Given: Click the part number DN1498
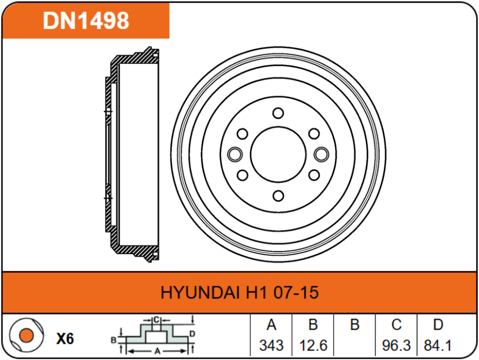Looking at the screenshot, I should point(87,21).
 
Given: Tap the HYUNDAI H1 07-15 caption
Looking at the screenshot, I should point(239,293).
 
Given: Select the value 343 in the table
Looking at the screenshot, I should point(271,344).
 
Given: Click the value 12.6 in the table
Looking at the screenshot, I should point(313,344).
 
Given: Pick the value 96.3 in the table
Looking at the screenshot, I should point(396,344).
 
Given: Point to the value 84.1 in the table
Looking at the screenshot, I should point(438,344).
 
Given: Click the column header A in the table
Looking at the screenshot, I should point(271,325).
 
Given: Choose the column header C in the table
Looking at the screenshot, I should point(396,325).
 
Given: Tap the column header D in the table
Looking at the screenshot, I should point(438,325).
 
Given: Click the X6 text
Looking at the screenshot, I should point(65,339).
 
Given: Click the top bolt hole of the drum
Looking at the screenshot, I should point(278,113).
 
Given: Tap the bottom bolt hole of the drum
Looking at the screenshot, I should point(278,196).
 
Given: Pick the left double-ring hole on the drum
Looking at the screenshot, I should point(235,155).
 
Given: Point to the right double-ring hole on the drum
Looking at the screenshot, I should point(322,155).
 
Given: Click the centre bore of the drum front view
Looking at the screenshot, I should point(278,155).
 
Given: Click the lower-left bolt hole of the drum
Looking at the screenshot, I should point(243,175).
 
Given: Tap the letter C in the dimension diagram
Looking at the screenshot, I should point(156,318).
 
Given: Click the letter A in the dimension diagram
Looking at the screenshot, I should point(157,351).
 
